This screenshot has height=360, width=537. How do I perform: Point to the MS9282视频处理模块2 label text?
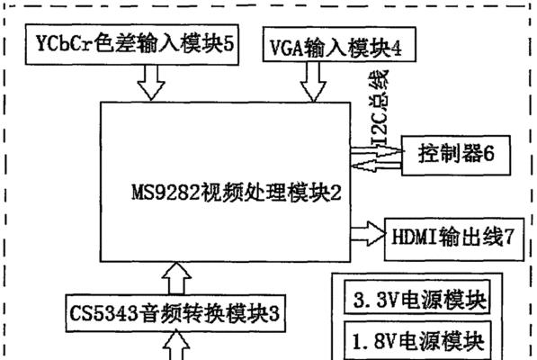(237, 193)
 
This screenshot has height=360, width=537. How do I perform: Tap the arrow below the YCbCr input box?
(151, 83)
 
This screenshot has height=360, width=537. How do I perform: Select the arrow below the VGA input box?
(313, 82)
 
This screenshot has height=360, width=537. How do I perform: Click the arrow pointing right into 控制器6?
(376, 149)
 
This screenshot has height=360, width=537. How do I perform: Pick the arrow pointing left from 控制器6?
(376, 166)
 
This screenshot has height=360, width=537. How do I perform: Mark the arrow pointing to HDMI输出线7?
(368, 234)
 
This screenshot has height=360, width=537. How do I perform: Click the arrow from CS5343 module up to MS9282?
(176, 278)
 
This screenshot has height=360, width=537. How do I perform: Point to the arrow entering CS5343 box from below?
(176, 345)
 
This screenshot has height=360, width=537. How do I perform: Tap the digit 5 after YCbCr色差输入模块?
(228, 43)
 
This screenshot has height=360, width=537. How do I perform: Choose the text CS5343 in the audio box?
(103, 313)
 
